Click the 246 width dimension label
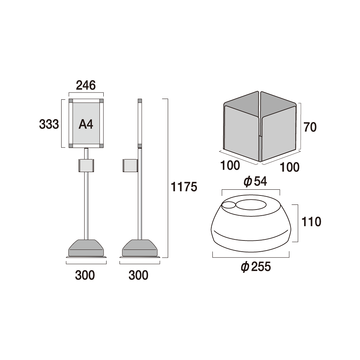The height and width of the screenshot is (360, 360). coord(86,85)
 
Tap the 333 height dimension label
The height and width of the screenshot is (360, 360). coord(49,125)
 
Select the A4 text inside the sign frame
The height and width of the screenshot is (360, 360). coord(86,125)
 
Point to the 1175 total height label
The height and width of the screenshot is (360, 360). coord(184,186)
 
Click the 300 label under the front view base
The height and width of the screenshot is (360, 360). coord(85,275)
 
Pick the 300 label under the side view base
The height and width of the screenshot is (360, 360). coord(139,275)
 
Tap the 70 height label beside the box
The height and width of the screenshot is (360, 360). coord(310,127)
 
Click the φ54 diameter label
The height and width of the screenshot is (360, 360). coord(255,181)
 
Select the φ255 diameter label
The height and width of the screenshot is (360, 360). coord(256,267)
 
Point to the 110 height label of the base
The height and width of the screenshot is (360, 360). coord(311,222)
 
